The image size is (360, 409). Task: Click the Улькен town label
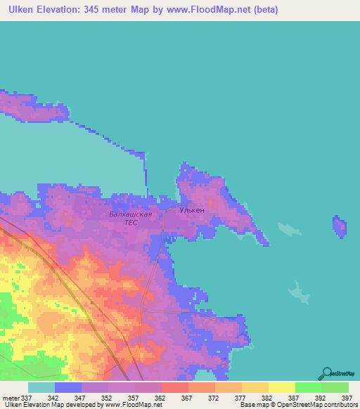(191, 210)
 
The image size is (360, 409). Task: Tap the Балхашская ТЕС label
(131, 217)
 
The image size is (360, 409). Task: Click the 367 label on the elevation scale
(188, 397)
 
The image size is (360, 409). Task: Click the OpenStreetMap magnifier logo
(326, 372)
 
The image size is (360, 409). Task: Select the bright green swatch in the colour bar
(309, 387)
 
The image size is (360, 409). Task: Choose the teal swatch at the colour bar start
(41, 387)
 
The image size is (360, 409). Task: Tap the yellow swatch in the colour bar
(282, 387)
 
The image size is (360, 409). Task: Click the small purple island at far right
(339, 227)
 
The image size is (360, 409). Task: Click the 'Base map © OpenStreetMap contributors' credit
(299, 405)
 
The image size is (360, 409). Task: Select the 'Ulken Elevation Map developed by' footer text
(53, 405)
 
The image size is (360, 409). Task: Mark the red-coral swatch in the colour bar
(175, 387)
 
